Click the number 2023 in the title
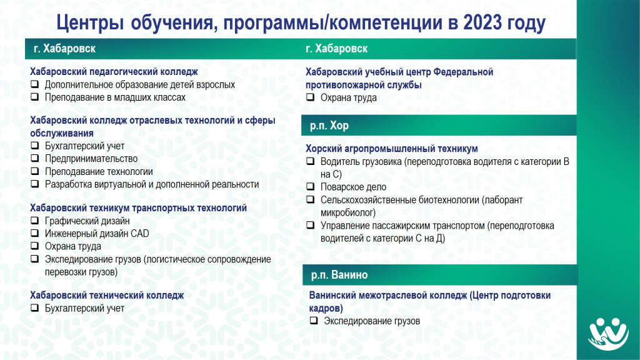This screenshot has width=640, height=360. pos(482,22)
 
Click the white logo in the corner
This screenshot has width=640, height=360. pos(608,334)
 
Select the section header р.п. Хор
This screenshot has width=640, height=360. pos(329,125)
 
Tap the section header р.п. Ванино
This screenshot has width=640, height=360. pos(339,275)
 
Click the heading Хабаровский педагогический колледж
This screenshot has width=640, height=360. pos(114,72)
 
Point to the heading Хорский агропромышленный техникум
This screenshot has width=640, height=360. pos(392,149)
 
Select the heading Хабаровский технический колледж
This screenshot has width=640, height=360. pos(107,295)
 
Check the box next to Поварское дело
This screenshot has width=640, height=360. pos(311,186)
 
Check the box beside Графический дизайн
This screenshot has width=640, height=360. pos(35,221)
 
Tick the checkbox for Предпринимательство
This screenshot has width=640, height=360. pos(35,158)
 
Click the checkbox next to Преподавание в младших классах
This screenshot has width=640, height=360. pos(35,97)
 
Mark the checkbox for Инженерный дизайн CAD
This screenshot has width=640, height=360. pos(35,233)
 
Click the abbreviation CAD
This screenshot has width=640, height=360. pos(139,234)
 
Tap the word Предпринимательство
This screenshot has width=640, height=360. pos(91,159)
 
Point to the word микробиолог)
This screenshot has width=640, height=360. pos(347,212)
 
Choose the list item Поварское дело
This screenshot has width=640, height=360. pos(353,187)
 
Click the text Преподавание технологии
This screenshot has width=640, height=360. pos(99,171)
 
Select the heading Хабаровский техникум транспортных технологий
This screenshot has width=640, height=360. pos(138,207)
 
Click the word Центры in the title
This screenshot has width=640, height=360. pos(90,23)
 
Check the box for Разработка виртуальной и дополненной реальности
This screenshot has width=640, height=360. pos(35,184)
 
